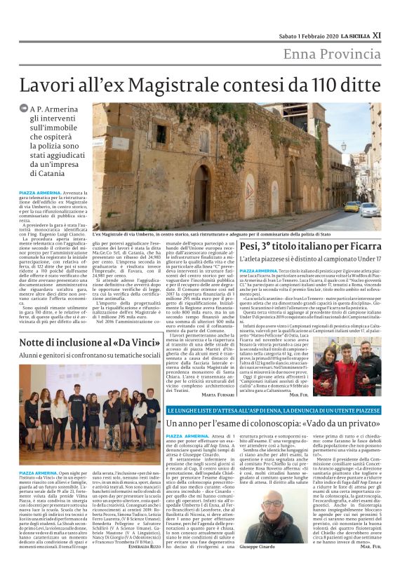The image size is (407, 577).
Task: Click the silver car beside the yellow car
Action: [x=368, y=209]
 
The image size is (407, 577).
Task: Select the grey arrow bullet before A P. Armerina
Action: [x=25, y=109]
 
